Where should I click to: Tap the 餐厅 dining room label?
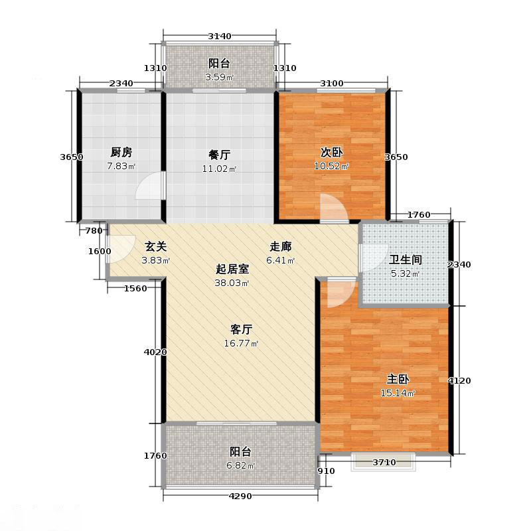coord(220,155)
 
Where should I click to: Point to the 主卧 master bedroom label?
coord(398,380)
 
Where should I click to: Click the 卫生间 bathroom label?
coord(406,260)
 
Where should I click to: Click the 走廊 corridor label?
coord(281,246)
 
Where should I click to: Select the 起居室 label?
coord(232,269)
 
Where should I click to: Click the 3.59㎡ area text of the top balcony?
coord(219,77)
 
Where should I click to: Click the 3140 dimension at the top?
coord(219,36)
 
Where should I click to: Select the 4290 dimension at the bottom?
coord(240,496)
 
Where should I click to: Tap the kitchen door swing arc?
coord(150,187)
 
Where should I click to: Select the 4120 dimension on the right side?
coord(459,380)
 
